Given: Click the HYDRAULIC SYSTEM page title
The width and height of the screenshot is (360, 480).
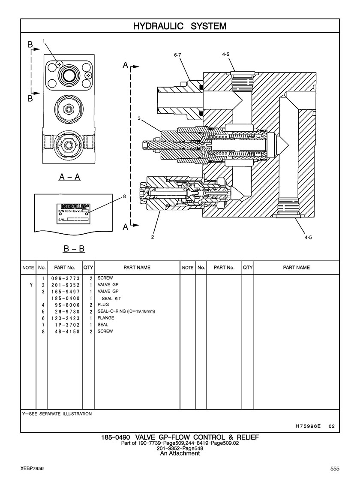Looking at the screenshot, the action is coord(180,26).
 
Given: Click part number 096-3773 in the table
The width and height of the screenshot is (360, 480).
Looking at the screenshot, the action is coord(66,278).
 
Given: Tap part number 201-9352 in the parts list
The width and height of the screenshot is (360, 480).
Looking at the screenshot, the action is coord(66,285).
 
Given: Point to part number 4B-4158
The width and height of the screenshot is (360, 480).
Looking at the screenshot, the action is coord(67,332).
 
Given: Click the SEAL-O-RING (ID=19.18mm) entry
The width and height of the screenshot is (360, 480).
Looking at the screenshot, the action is coord(126,311).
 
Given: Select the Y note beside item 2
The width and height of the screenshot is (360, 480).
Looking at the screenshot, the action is coord(31,285).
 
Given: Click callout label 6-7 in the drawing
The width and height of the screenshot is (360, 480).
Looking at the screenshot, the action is coord(177,55).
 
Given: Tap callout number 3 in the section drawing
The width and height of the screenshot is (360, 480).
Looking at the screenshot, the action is coord(139,118).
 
